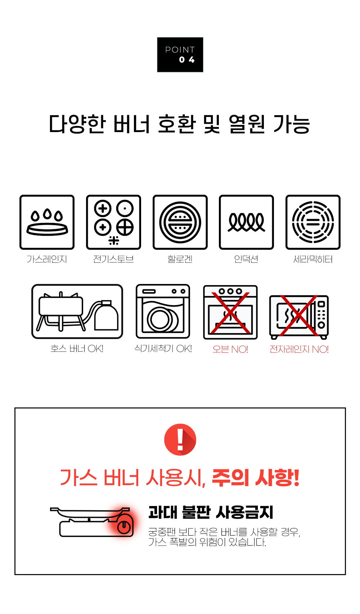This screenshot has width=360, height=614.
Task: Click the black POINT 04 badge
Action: point(180,55)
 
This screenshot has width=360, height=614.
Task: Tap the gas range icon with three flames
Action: point(47,222)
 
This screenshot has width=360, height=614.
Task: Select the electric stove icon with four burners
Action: point(113,222)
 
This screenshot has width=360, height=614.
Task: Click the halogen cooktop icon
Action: point(180,222)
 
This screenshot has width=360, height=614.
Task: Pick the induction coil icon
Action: point(247,222)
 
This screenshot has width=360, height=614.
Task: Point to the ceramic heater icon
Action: point(313,222)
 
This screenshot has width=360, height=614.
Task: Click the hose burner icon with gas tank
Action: point(77,311)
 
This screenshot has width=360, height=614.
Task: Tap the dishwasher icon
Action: point(163,311)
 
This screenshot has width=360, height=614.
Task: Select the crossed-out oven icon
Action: point(230,312)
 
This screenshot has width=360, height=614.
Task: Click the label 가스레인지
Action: point(46,259)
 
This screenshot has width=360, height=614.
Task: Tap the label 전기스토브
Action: point(113,259)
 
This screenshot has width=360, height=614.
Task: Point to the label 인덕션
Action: point(246,259)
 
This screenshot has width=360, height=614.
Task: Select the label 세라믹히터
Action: point(313,259)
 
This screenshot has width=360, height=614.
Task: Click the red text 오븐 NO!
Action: point(230,349)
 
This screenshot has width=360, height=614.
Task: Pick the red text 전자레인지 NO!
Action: point(299,349)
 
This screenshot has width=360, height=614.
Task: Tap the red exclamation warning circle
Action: point(180,440)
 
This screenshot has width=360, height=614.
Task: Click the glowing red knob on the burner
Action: point(123,527)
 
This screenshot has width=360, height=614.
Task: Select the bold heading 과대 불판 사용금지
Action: point(211,512)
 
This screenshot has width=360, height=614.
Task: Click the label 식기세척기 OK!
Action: point(163,348)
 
